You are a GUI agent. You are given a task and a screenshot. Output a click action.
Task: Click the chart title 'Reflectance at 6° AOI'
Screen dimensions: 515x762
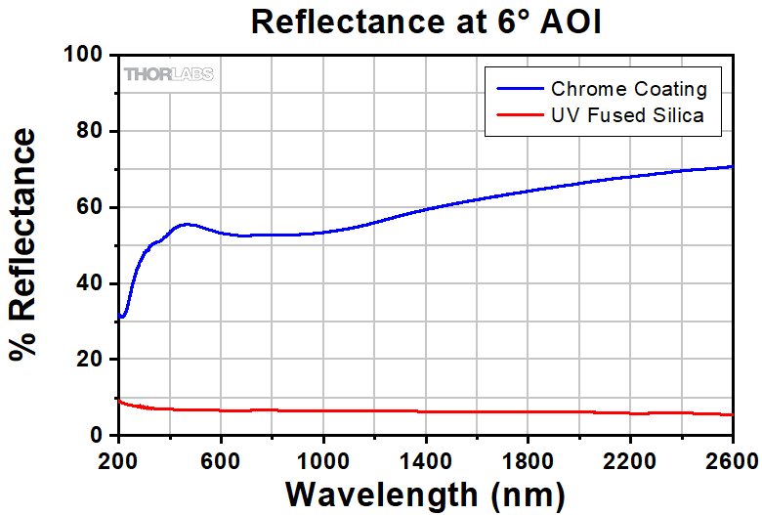tap(426, 21)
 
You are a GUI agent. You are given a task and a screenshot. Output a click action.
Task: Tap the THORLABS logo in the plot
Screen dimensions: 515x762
tap(168, 74)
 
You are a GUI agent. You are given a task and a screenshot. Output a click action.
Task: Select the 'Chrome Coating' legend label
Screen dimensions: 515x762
tap(628, 89)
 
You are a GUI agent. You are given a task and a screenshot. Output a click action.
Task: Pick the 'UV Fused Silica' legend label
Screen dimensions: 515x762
tap(628, 115)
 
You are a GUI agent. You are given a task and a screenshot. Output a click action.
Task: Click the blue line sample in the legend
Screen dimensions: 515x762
tap(520, 89)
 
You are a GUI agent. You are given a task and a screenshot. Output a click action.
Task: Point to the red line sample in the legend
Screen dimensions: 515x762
tap(520, 115)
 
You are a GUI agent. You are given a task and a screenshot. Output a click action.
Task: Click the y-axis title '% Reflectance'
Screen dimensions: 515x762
tap(26, 245)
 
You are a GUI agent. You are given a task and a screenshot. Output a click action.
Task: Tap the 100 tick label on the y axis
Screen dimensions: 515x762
tap(86, 56)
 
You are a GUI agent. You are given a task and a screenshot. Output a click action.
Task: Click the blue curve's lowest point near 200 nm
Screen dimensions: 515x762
tap(121, 317)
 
